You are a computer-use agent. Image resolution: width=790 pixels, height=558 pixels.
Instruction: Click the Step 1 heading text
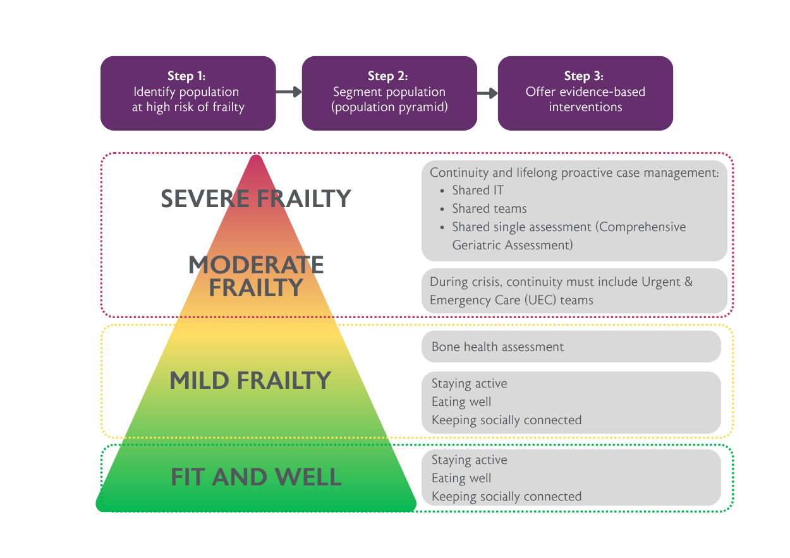click(187, 76)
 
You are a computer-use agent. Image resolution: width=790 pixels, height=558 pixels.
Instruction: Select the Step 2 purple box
click(389, 93)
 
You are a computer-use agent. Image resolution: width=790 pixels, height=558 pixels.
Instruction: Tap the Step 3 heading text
click(585, 76)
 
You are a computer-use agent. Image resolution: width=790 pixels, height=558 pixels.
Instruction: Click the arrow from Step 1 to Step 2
click(289, 92)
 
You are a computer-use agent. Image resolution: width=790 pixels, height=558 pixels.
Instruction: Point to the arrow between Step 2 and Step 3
click(487, 93)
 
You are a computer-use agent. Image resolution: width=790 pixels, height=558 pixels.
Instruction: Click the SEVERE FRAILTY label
click(255, 199)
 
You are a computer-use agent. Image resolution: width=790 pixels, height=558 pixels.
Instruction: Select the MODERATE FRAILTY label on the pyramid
click(256, 276)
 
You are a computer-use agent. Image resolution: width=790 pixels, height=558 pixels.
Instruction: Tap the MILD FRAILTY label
click(250, 381)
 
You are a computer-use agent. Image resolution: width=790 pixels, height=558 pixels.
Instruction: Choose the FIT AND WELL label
click(256, 477)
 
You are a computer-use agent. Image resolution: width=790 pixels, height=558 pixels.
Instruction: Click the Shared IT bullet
click(477, 191)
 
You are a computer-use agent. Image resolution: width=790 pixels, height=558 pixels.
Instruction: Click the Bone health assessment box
click(497, 347)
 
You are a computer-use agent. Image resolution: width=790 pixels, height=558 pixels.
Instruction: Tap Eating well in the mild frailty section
click(461, 402)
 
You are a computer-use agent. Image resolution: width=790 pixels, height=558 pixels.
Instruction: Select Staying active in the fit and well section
click(469, 460)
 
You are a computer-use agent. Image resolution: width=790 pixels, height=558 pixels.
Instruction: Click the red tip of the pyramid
click(255, 165)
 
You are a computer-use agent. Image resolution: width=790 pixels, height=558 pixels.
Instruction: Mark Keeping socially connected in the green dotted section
click(506, 496)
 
